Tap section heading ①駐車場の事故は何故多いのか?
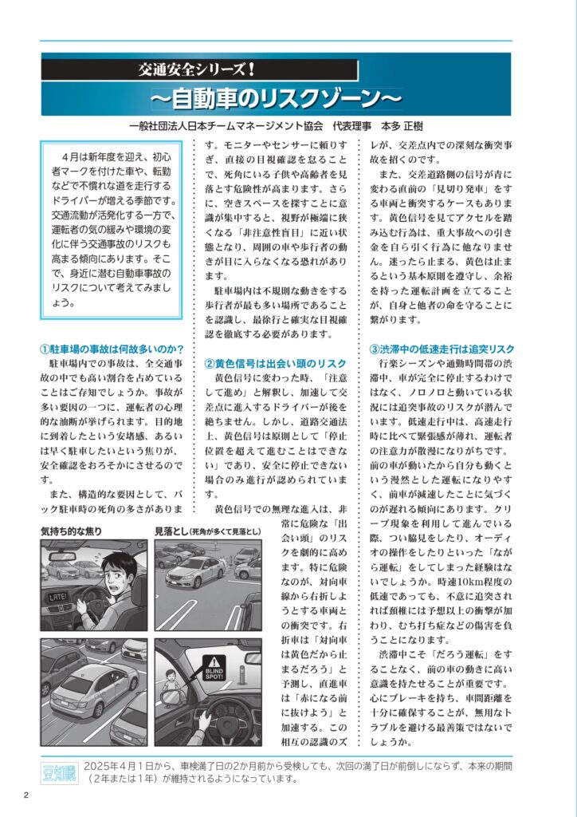[113, 349]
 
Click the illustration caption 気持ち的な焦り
[72, 531]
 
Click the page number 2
[26, 795]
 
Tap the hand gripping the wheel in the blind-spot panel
[205, 723]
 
